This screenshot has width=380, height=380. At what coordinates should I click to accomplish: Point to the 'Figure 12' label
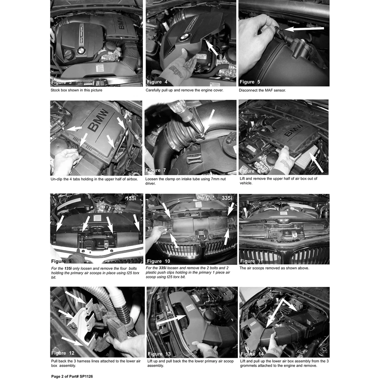point(63,353)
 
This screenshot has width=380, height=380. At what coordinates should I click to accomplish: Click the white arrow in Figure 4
point(211,48)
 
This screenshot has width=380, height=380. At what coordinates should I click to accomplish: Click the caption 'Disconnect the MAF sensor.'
point(262,90)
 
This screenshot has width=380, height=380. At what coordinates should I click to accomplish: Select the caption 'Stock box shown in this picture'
point(77,90)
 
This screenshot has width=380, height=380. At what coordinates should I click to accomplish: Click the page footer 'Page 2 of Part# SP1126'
point(72,376)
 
